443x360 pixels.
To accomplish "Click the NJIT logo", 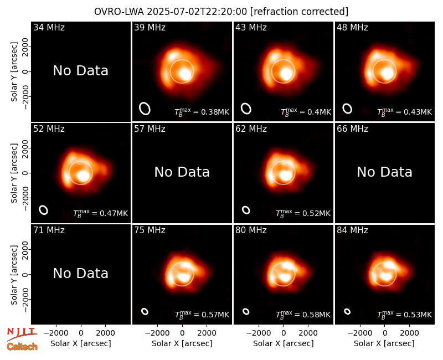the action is coord(22,334).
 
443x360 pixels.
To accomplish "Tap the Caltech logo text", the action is coord(22,347).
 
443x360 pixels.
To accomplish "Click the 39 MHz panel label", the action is coord(150,27).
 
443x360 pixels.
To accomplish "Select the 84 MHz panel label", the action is coord(352,230).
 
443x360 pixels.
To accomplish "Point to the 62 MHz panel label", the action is coord(251,129).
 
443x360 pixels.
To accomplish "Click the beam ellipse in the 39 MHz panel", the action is coord(145,109).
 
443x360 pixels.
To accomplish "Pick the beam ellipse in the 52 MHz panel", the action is coord(44,210).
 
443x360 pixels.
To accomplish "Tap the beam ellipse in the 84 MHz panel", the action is coord(347,311).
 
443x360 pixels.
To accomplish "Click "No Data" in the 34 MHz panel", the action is coord(81,71).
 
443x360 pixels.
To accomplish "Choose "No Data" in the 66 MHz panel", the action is coord(384,172).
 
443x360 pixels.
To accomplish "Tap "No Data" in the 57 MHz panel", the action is coord(182,172).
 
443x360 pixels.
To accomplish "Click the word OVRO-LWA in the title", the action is coord(119,12).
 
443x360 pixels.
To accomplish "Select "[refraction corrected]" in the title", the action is coord(300,12).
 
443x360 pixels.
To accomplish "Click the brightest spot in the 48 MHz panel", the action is coord(387,74).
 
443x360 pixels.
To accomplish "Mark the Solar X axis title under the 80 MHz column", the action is coord(284,343).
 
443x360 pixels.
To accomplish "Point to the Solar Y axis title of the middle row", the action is coord(14,173).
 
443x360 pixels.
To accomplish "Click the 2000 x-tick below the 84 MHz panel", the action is coord(409,333).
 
